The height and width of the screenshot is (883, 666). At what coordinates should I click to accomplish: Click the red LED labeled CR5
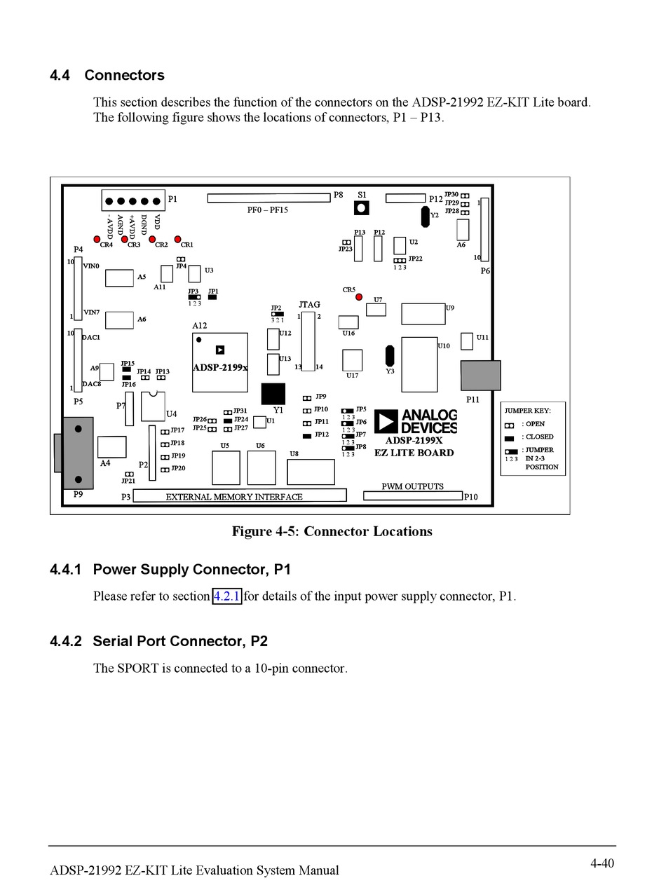pos(359,297)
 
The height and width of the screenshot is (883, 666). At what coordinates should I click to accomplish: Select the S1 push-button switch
pos(362,208)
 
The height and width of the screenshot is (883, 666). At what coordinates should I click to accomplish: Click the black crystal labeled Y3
pos(390,355)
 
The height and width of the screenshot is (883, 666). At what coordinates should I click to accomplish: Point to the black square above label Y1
pos(273,394)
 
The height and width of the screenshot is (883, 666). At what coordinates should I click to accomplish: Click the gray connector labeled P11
pos(480,376)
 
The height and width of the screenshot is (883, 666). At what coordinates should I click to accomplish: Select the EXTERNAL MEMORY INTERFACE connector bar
pos(240,495)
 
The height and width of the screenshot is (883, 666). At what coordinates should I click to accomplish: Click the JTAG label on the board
pos(309,305)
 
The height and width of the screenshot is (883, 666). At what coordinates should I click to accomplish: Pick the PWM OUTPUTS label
pos(412,486)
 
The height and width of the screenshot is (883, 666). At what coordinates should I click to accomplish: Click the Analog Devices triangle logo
pos(386,422)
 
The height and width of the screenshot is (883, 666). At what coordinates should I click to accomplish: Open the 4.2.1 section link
pos(226,596)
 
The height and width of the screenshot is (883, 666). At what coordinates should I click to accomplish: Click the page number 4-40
pos(602,863)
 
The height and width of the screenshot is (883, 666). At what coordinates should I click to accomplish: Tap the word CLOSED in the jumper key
pos(539,437)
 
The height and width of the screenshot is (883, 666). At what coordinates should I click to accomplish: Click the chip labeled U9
pos(423,314)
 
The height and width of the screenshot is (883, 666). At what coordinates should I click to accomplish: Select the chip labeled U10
pos(419,364)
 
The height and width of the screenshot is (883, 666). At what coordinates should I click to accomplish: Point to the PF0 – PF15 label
pos(267,209)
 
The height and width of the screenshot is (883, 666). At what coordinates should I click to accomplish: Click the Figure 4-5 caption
pos(332,531)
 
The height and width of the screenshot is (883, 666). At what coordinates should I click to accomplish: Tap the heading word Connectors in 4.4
pos(124,75)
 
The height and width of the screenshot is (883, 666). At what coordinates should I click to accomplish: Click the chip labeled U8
pos(311,472)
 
